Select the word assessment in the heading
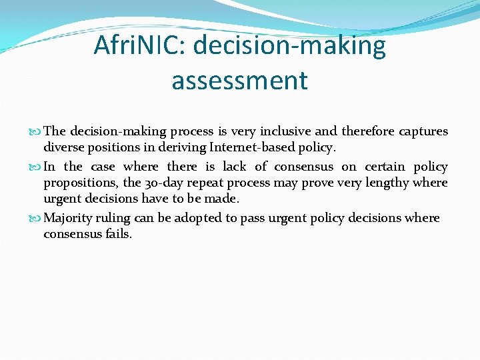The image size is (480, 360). [x=239, y=81]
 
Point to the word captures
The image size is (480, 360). [x=424, y=132]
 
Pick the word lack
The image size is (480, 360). [x=235, y=167]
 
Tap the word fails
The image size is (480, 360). [x=117, y=234]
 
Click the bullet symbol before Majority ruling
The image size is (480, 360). [x=37, y=219]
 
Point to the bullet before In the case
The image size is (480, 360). [x=37, y=167]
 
